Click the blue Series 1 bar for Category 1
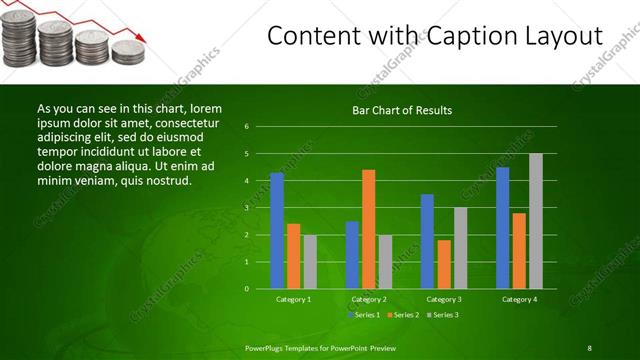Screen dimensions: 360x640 point(277,231)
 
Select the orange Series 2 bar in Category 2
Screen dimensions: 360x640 point(368,229)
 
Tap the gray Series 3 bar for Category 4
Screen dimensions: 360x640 point(535,221)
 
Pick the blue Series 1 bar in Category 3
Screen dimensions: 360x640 point(427,241)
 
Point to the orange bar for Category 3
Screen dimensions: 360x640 point(443,264)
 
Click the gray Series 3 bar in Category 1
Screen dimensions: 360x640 point(310,262)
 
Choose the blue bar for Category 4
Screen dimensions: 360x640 point(502,228)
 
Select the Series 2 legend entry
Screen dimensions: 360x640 point(403,315)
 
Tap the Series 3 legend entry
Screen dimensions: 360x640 point(444,315)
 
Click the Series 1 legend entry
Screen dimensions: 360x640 point(363,315)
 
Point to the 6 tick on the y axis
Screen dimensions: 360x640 point(246,127)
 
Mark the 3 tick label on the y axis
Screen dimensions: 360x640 point(246,208)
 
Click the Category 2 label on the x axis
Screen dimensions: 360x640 point(369,299)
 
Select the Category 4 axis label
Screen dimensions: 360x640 point(519,299)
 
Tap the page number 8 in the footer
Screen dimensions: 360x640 point(589,347)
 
